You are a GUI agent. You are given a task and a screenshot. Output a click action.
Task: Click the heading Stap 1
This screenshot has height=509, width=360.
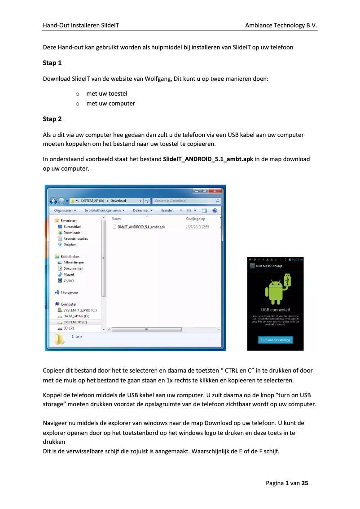click(x=52, y=63)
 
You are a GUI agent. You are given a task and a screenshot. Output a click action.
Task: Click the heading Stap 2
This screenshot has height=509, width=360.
click(x=52, y=119)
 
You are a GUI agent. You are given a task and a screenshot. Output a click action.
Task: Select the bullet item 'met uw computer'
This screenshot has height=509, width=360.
click(x=110, y=103)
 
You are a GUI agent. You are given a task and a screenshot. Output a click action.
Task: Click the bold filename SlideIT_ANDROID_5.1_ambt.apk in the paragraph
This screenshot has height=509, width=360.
click(x=208, y=159)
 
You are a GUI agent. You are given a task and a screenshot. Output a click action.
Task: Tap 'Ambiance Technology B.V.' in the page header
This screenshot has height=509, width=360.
click(x=281, y=26)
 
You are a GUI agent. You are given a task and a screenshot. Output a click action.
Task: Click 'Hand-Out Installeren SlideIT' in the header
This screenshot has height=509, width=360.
click(x=81, y=26)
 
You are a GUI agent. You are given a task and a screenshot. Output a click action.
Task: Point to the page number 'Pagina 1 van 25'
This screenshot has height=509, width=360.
click(x=287, y=483)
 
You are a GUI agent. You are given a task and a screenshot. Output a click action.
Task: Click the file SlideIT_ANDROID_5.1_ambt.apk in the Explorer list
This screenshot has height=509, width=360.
click(x=140, y=227)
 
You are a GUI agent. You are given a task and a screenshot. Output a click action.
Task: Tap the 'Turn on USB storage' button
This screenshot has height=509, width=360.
click(x=276, y=340)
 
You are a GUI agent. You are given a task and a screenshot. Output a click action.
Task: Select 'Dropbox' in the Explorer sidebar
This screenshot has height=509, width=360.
click(x=70, y=245)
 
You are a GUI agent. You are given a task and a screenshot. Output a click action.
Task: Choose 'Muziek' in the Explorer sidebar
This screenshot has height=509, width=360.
click(x=69, y=274)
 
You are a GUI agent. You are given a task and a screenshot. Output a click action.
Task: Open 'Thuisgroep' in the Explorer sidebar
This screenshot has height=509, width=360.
click(x=69, y=292)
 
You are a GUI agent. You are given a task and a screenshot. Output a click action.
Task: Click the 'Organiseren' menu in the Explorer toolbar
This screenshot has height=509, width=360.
click(x=65, y=210)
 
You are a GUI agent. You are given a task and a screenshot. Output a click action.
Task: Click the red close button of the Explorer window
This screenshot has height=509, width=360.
click(x=215, y=190)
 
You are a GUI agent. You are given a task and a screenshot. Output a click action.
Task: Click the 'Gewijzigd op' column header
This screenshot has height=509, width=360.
click(x=195, y=219)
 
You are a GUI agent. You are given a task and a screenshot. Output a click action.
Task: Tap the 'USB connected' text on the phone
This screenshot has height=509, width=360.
click(x=275, y=310)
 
